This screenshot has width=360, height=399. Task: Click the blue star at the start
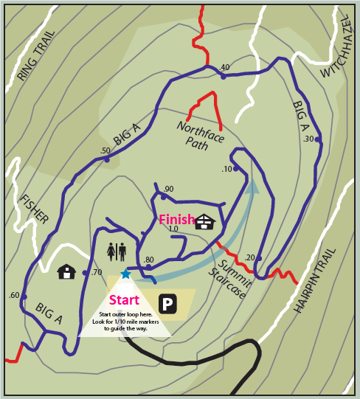coord(125,274)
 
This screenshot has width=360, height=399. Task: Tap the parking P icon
coord(167,304)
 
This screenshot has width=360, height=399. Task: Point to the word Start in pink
coord(124,300)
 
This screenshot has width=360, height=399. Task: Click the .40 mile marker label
coord(225,68)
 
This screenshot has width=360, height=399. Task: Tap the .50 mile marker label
coord(105,151)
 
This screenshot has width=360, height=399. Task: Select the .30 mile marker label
coord(308,139)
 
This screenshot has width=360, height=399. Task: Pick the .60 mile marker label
coord(14,295)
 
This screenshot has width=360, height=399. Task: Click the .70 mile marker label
coord(97,272)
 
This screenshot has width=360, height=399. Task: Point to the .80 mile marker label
coord(149,260)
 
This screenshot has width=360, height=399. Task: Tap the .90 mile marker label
coord(168,190)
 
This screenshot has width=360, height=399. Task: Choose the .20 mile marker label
coord(249,257)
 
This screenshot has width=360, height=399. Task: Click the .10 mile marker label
coord(226,170)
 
